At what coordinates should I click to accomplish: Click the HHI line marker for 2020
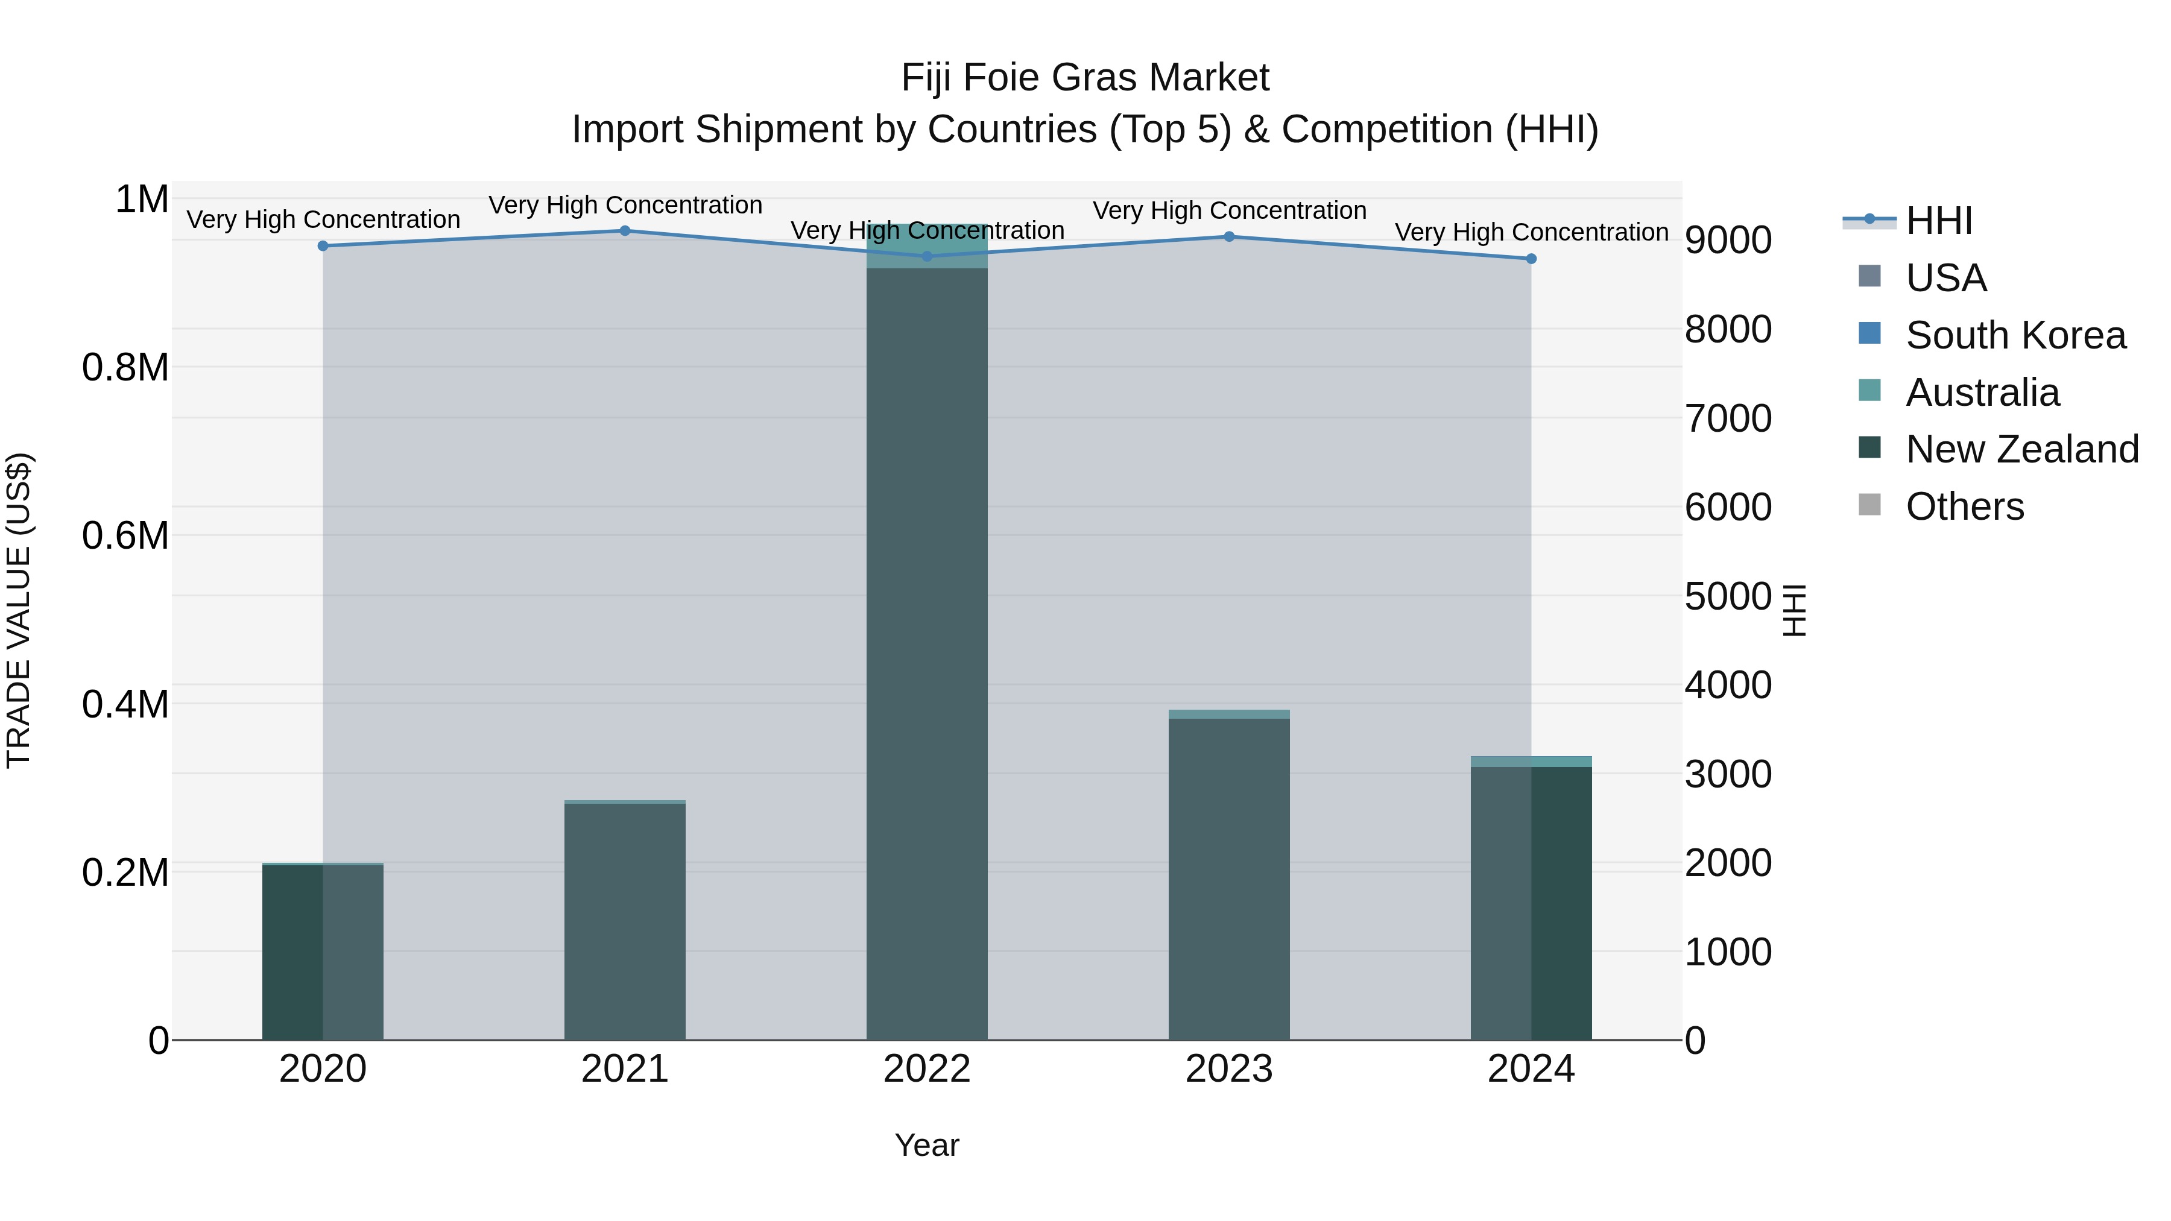(323, 246)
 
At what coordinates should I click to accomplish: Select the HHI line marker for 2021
(625, 231)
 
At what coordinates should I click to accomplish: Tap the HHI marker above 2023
(1229, 237)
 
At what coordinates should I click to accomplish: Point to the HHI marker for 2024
(1531, 259)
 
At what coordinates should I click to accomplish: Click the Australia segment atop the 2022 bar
(927, 246)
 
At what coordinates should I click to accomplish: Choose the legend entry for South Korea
(2015, 335)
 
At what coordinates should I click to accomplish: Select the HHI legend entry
(1938, 221)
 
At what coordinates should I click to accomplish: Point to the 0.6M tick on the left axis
(125, 536)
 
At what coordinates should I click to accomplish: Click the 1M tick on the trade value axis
(142, 200)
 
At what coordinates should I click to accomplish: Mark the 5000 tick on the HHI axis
(1728, 596)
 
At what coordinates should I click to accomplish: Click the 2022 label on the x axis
(927, 1069)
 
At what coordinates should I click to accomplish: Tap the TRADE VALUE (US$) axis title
(19, 610)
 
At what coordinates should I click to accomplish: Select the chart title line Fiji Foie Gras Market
(1085, 78)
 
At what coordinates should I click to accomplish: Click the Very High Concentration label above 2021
(625, 205)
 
